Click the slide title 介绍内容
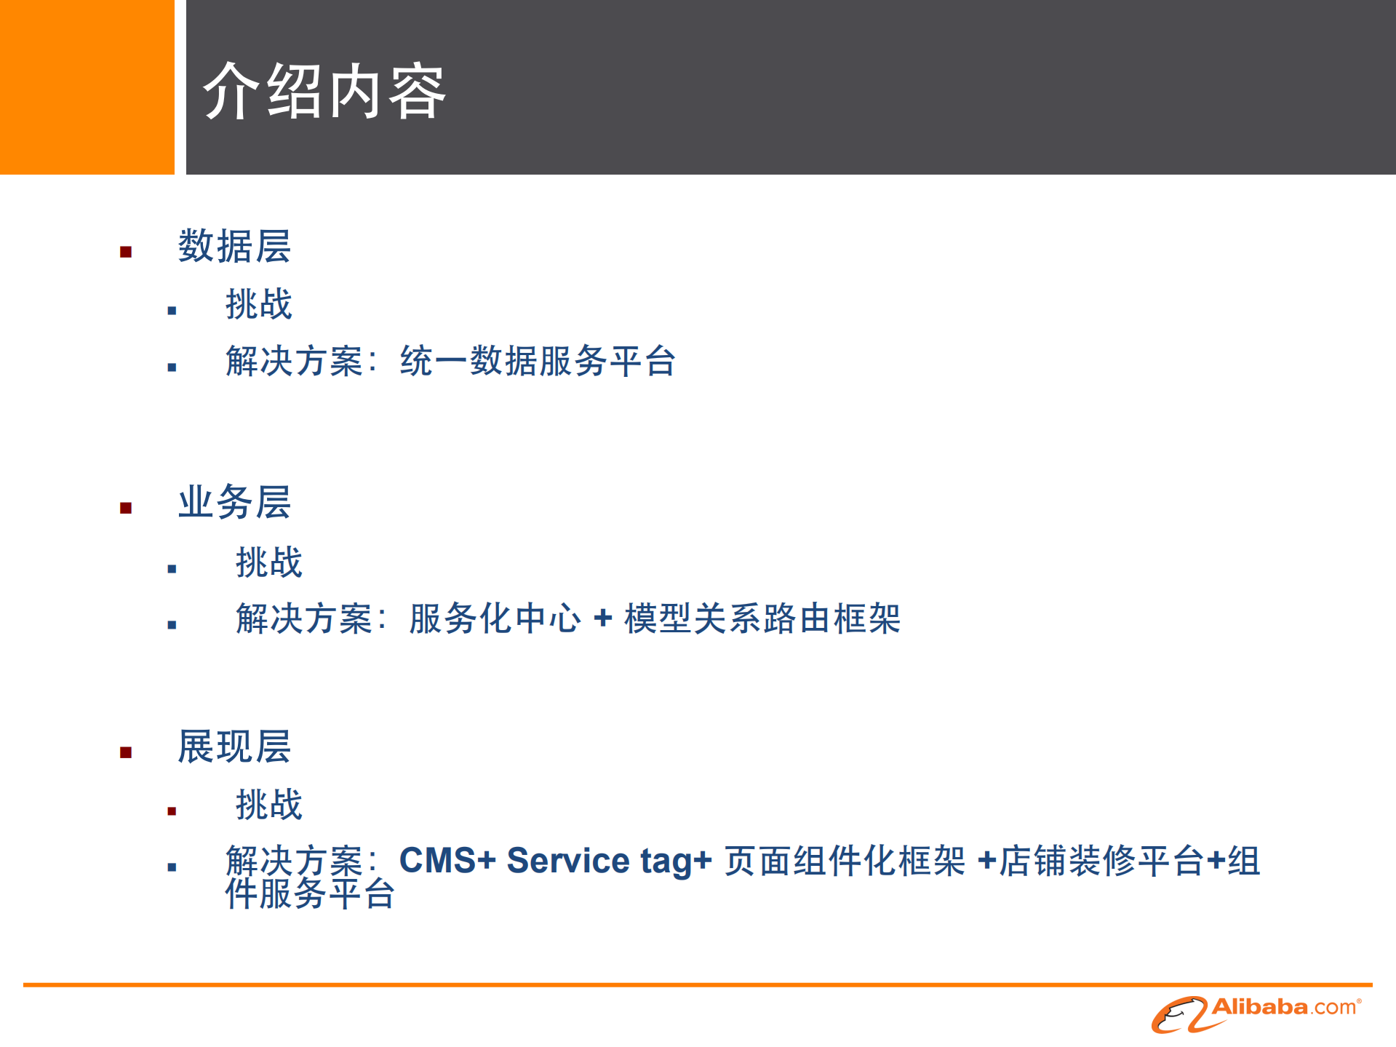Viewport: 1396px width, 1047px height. [324, 92]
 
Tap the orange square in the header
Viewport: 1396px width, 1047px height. [87, 87]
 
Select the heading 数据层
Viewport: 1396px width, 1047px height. [234, 246]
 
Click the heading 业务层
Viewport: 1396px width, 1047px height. [234, 502]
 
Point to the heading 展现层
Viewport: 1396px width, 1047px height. [234, 747]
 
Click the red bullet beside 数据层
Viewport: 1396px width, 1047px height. [126, 252]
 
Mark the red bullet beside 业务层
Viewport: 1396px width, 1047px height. [126, 508]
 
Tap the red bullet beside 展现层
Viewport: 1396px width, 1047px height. [126, 753]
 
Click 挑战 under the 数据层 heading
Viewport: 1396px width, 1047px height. [258, 304]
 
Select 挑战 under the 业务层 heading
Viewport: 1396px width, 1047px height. [268, 562]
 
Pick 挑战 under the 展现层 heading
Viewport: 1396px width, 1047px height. [268, 805]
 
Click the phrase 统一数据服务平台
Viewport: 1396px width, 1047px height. [538, 361]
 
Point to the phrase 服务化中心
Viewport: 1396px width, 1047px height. [495, 618]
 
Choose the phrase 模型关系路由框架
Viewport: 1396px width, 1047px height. [762, 618]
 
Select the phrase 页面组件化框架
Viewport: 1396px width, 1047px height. [845, 861]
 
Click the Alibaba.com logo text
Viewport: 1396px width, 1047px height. [1285, 1008]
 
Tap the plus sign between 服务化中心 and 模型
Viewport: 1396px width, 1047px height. [602, 618]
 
